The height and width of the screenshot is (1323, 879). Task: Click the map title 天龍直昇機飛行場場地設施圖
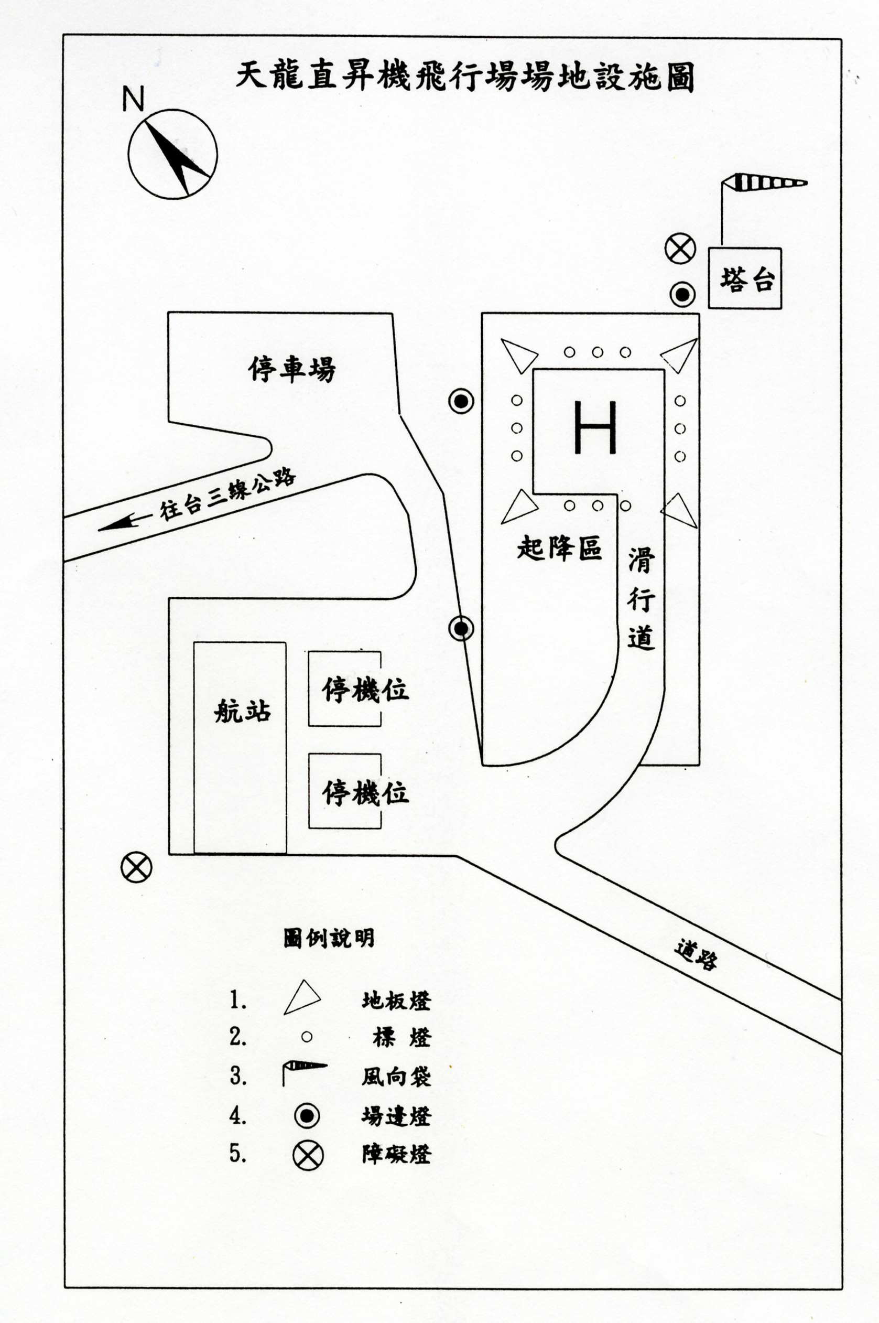[465, 77]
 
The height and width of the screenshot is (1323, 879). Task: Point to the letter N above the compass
[134, 99]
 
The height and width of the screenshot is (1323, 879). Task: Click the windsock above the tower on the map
[764, 183]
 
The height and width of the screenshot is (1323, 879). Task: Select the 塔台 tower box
[744, 278]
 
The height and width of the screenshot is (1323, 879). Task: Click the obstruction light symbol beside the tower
[680, 249]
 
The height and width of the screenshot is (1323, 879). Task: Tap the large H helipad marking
[595, 427]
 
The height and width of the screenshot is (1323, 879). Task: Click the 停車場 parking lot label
[292, 370]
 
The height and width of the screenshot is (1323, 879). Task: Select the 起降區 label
[559, 548]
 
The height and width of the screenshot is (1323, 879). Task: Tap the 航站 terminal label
[242, 712]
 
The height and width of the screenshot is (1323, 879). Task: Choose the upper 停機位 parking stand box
[345, 689]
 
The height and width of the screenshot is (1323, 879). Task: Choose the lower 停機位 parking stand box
[345, 791]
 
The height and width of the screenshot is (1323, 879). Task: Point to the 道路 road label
[696, 955]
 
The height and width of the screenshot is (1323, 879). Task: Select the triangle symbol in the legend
[301, 998]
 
